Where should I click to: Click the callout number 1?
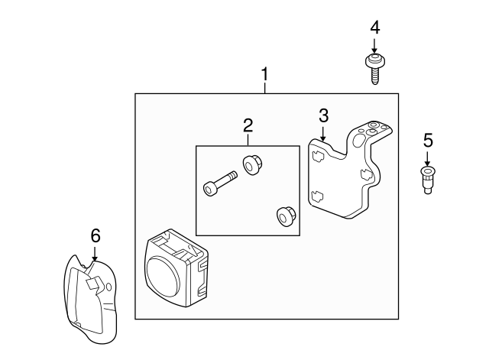265,74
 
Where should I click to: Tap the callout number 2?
248,125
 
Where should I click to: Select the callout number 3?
324,115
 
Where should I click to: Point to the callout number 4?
375,28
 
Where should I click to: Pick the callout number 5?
428,140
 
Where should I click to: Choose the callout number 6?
96,235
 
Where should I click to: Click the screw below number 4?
375,69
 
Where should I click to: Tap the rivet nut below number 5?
428,180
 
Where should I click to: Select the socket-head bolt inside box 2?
220,183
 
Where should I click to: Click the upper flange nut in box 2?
252,165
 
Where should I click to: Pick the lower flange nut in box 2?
286,216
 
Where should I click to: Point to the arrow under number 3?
323,133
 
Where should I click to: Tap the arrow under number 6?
95,253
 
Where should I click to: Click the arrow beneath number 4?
374,45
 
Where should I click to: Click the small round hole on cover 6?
108,287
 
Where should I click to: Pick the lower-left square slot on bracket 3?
317,196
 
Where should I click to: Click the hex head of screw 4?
375,60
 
